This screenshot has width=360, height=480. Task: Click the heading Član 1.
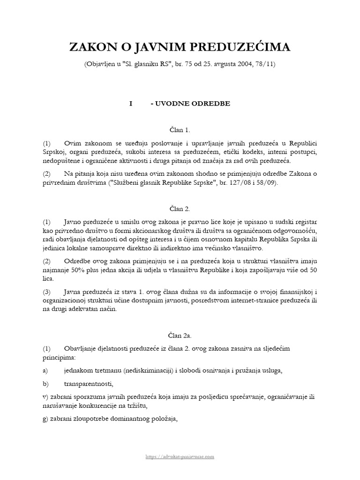(x=180, y=129)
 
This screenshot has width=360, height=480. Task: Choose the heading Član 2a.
(x=180, y=336)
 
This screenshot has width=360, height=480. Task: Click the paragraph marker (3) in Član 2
(x=47, y=292)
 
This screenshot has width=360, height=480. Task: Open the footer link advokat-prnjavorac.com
(x=180, y=456)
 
